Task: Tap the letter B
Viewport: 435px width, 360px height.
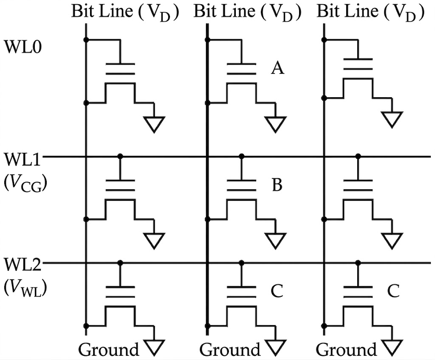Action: [277, 186]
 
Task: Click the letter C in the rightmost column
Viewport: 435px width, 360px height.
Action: [393, 291]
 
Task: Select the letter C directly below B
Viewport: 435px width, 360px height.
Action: [277, 291]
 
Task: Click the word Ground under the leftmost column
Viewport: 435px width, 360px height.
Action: [109, 350]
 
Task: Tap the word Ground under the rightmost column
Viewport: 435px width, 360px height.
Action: [347, 350]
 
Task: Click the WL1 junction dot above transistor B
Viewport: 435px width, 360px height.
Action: [242, 157]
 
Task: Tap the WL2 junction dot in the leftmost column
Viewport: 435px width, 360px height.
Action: [120, 263]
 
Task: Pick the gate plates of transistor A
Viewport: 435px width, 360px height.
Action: [241, 68]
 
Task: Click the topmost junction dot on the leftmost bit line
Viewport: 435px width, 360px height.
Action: [86, 40]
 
